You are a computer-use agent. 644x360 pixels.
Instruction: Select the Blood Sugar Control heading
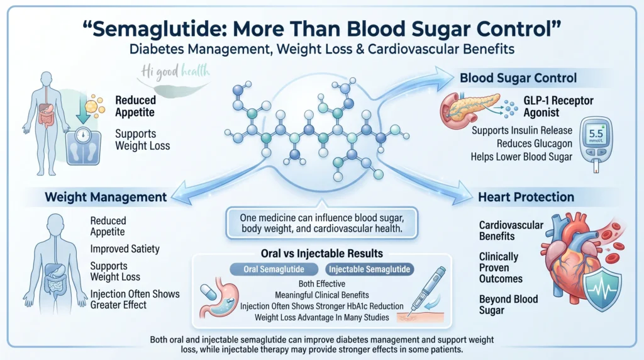point(518,78)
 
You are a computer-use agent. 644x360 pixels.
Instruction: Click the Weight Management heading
point(106,197)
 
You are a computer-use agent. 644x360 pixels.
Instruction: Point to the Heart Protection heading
point(526,197)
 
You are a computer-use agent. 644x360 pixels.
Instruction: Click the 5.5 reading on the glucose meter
point(596,133)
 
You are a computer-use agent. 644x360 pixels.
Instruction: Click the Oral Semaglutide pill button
point(274,269)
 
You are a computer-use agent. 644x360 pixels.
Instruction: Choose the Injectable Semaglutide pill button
point(369,269)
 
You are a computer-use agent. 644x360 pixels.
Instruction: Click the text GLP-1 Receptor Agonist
point(558,106)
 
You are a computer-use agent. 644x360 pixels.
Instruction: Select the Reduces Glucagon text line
point(535,143)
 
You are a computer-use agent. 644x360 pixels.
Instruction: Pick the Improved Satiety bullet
point(125,249)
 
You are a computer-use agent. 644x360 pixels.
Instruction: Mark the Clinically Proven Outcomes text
point(501,268)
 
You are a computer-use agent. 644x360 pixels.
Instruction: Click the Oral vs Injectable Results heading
point(321,254)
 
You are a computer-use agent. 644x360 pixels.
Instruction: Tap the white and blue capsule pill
point(208,293)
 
